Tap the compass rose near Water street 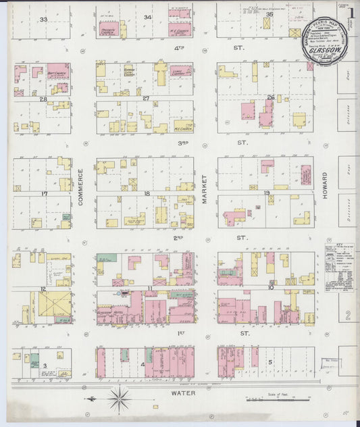pos(119,399)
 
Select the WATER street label pos(182,392)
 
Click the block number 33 pos(43,20)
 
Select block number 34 pos(147,17)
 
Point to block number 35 pos(268,14)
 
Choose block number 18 pos(146,193)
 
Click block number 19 pos(266,193)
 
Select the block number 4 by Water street pos(143,366)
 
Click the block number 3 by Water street pos(45,366)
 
